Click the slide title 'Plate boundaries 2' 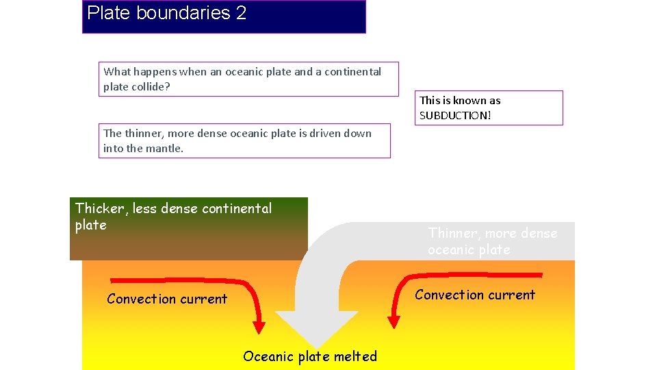click(166, 13)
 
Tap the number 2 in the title click(241, 13)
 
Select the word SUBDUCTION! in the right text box click(455, 115)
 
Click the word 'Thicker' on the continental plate click(100, 208)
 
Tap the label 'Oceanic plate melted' click(310, 356)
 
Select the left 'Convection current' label click(167, 299)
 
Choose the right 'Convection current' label click(475, 295)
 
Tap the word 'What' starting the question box click(117, 71)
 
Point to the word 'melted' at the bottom click(355, 356)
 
